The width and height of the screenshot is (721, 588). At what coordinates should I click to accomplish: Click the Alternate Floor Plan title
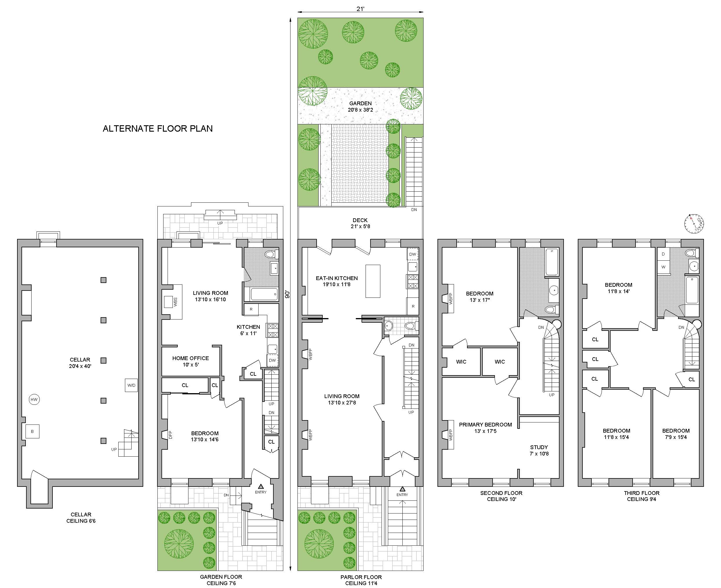(157, 129)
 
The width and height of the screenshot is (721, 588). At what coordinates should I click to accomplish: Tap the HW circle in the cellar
(34, 400)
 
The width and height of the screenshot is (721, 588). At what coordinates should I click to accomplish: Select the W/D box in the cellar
(131, 385)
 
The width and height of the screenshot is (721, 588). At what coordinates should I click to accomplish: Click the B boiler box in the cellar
(32, 431)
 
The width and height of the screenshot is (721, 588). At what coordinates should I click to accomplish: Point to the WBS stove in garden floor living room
(168, 302)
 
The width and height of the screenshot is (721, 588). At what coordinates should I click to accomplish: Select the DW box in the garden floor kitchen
(272, 360)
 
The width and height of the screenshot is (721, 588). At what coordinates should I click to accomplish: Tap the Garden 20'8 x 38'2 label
(360, 106)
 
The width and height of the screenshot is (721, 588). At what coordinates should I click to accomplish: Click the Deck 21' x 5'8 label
(360, 223)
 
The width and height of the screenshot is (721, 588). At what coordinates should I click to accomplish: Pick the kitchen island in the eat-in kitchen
(373, 281)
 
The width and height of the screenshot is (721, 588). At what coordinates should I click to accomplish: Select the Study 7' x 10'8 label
(539, 450)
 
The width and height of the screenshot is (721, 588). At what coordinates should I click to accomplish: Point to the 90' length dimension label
(288, 294)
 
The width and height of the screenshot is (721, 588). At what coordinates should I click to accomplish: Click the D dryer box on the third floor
(663, 254)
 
